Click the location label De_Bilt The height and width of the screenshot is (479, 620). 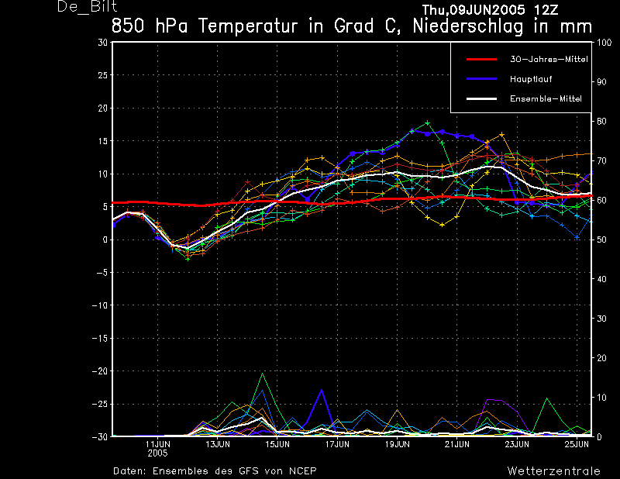87,6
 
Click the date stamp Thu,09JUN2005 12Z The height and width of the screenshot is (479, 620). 491,10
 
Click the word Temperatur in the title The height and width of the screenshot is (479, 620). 247,26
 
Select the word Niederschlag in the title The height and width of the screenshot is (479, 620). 468,27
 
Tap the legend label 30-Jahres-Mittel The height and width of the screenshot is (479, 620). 549,60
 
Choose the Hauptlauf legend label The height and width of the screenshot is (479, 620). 531,79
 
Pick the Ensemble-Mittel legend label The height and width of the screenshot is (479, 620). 546,99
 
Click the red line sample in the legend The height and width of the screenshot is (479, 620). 481,60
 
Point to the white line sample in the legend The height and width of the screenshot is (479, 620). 481,99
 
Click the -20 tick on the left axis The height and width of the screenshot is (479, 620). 100,371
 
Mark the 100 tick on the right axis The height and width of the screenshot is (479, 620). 604,43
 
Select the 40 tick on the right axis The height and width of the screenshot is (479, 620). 601,279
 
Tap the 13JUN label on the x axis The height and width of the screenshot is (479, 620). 218,444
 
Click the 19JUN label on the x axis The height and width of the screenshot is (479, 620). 397,444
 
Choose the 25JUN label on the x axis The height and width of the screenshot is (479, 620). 577,444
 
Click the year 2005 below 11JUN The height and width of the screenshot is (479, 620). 158,453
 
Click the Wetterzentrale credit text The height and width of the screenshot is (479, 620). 553,471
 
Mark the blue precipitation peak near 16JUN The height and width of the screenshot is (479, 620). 322,390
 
